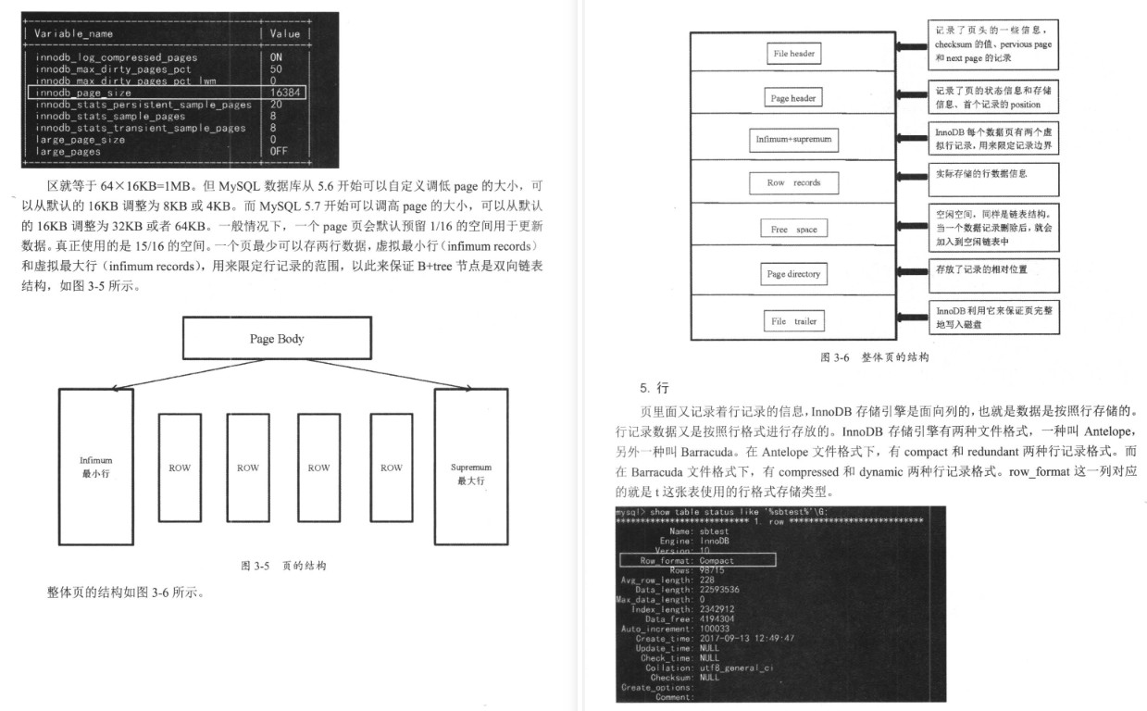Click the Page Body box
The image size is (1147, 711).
pyautogui.click(x=276, y=338)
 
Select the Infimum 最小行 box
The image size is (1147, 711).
pyautogui.click(x=95, y=468)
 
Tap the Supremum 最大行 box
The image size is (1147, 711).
pyautogui.click(x=470, y=468)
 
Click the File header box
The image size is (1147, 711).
pyautogui.click(x=794, y=55)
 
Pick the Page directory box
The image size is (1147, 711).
pyautogui.click(x=794, y=275)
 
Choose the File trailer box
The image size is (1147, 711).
pyautogui.click(x=794, y=320)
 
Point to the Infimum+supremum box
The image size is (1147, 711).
pyautogui.click(x=794, y=140)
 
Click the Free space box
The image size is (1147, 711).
pyautogui.click(x=794, y=229)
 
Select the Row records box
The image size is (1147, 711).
pyautogui.click(x=794, y=182)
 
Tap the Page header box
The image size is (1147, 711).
pyautogui.click(x=794, y=97)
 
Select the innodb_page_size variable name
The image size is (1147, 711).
pyautogui.click(x=83, y=93)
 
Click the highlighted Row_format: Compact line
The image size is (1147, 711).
pyautogui.click(x=696, y=560)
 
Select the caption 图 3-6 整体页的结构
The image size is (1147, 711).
pyautogui.click(x=874, y=356)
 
